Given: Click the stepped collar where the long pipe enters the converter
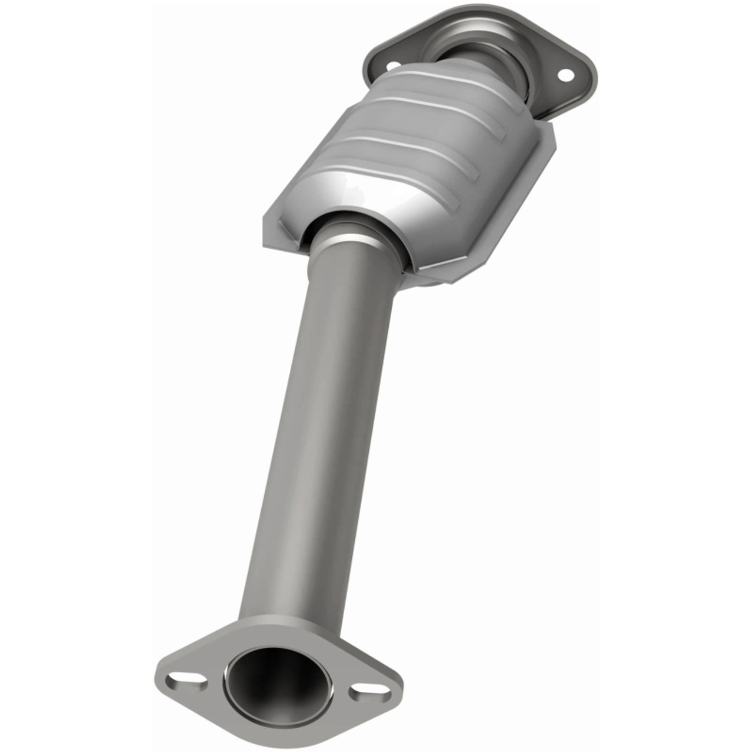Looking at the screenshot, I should pyautogui.click(x=353, y=235).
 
